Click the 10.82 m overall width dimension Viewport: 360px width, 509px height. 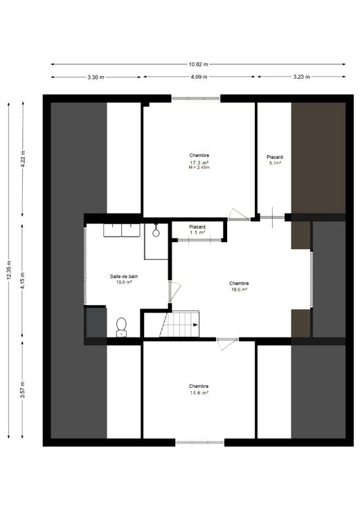198,64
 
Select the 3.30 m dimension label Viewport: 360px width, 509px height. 96,77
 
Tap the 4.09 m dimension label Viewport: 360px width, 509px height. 199,77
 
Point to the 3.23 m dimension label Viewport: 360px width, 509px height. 302,77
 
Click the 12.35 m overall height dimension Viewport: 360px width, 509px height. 9,270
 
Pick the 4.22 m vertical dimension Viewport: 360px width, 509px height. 22,159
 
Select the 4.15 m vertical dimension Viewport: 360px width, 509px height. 22,281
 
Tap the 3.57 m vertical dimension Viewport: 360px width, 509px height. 22,389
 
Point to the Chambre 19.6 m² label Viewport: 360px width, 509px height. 239,286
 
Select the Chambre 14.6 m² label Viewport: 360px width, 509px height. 199,389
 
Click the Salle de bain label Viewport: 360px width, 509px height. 124,276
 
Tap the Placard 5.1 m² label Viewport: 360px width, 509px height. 275,160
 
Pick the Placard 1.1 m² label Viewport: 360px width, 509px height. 197,230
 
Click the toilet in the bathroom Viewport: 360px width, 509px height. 121,327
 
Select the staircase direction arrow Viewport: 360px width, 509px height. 195,324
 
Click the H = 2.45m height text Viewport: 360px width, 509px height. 199,167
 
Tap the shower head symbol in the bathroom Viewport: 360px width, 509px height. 156,231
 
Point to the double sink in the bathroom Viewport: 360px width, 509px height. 122,230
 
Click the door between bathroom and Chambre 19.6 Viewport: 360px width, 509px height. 174,292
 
